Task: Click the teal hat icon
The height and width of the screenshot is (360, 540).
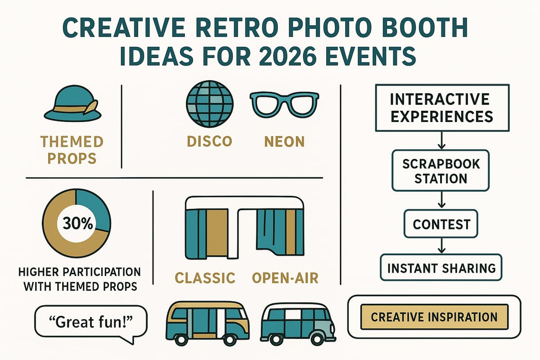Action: point(71,103)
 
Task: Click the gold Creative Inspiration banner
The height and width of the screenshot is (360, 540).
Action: point(434,316)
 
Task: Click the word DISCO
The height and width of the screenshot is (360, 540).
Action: point(210,141)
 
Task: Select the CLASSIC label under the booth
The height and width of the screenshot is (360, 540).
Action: point(205,278)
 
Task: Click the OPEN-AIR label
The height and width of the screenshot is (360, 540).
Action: point(285,278)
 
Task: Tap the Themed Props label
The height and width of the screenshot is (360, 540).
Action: point(72,150)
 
